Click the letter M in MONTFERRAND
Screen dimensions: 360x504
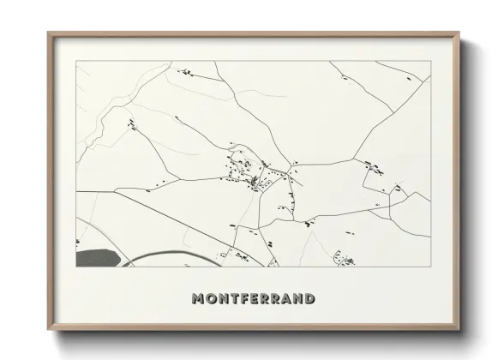click(x=198, y=299)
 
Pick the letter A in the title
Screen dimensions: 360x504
click(x=284, y=299)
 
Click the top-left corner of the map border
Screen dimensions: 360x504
click(x=76, y=62)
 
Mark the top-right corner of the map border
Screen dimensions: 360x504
click(x=429, y=62)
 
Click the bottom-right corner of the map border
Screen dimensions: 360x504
click(x=429, y=266)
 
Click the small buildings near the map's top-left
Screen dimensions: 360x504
click(x=183, y=72)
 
